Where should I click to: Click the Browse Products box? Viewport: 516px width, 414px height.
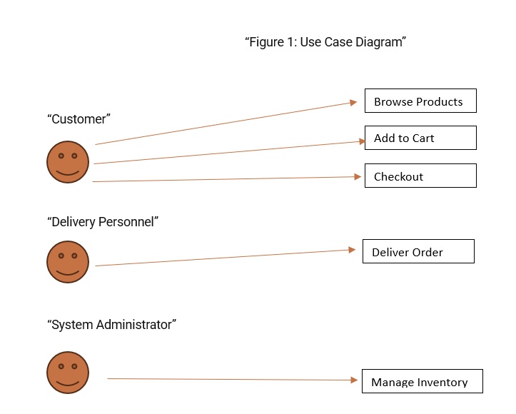420,101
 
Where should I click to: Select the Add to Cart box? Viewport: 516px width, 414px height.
420,138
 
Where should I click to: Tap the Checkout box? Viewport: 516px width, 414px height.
420,176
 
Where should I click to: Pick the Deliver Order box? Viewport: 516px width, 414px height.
418,251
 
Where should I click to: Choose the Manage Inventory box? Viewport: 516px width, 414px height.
422,381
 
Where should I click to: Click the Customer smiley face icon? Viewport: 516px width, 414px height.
68,162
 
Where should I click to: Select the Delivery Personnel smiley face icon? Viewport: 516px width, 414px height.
68,262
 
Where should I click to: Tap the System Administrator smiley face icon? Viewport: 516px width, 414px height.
68,372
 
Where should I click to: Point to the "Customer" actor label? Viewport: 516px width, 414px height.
79,119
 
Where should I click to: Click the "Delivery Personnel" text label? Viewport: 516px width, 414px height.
103,222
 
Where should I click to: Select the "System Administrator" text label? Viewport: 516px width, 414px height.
111,325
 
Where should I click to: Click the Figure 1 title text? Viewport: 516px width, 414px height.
325,42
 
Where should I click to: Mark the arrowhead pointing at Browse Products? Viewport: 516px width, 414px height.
353,103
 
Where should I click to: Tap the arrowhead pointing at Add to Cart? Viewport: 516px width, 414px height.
361,142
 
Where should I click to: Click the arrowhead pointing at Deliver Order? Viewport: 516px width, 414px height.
351,250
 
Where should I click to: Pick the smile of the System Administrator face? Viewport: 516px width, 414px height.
68,382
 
